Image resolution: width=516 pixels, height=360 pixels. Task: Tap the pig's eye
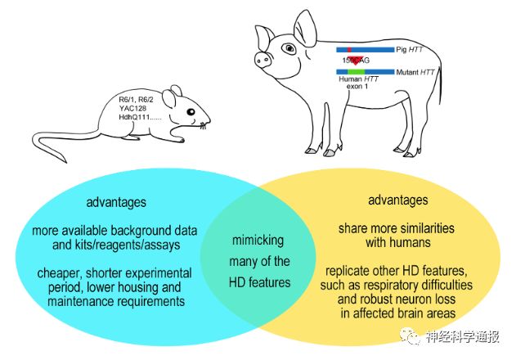point(290,49)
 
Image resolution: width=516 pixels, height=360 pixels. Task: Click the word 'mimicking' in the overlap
point(258,242)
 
